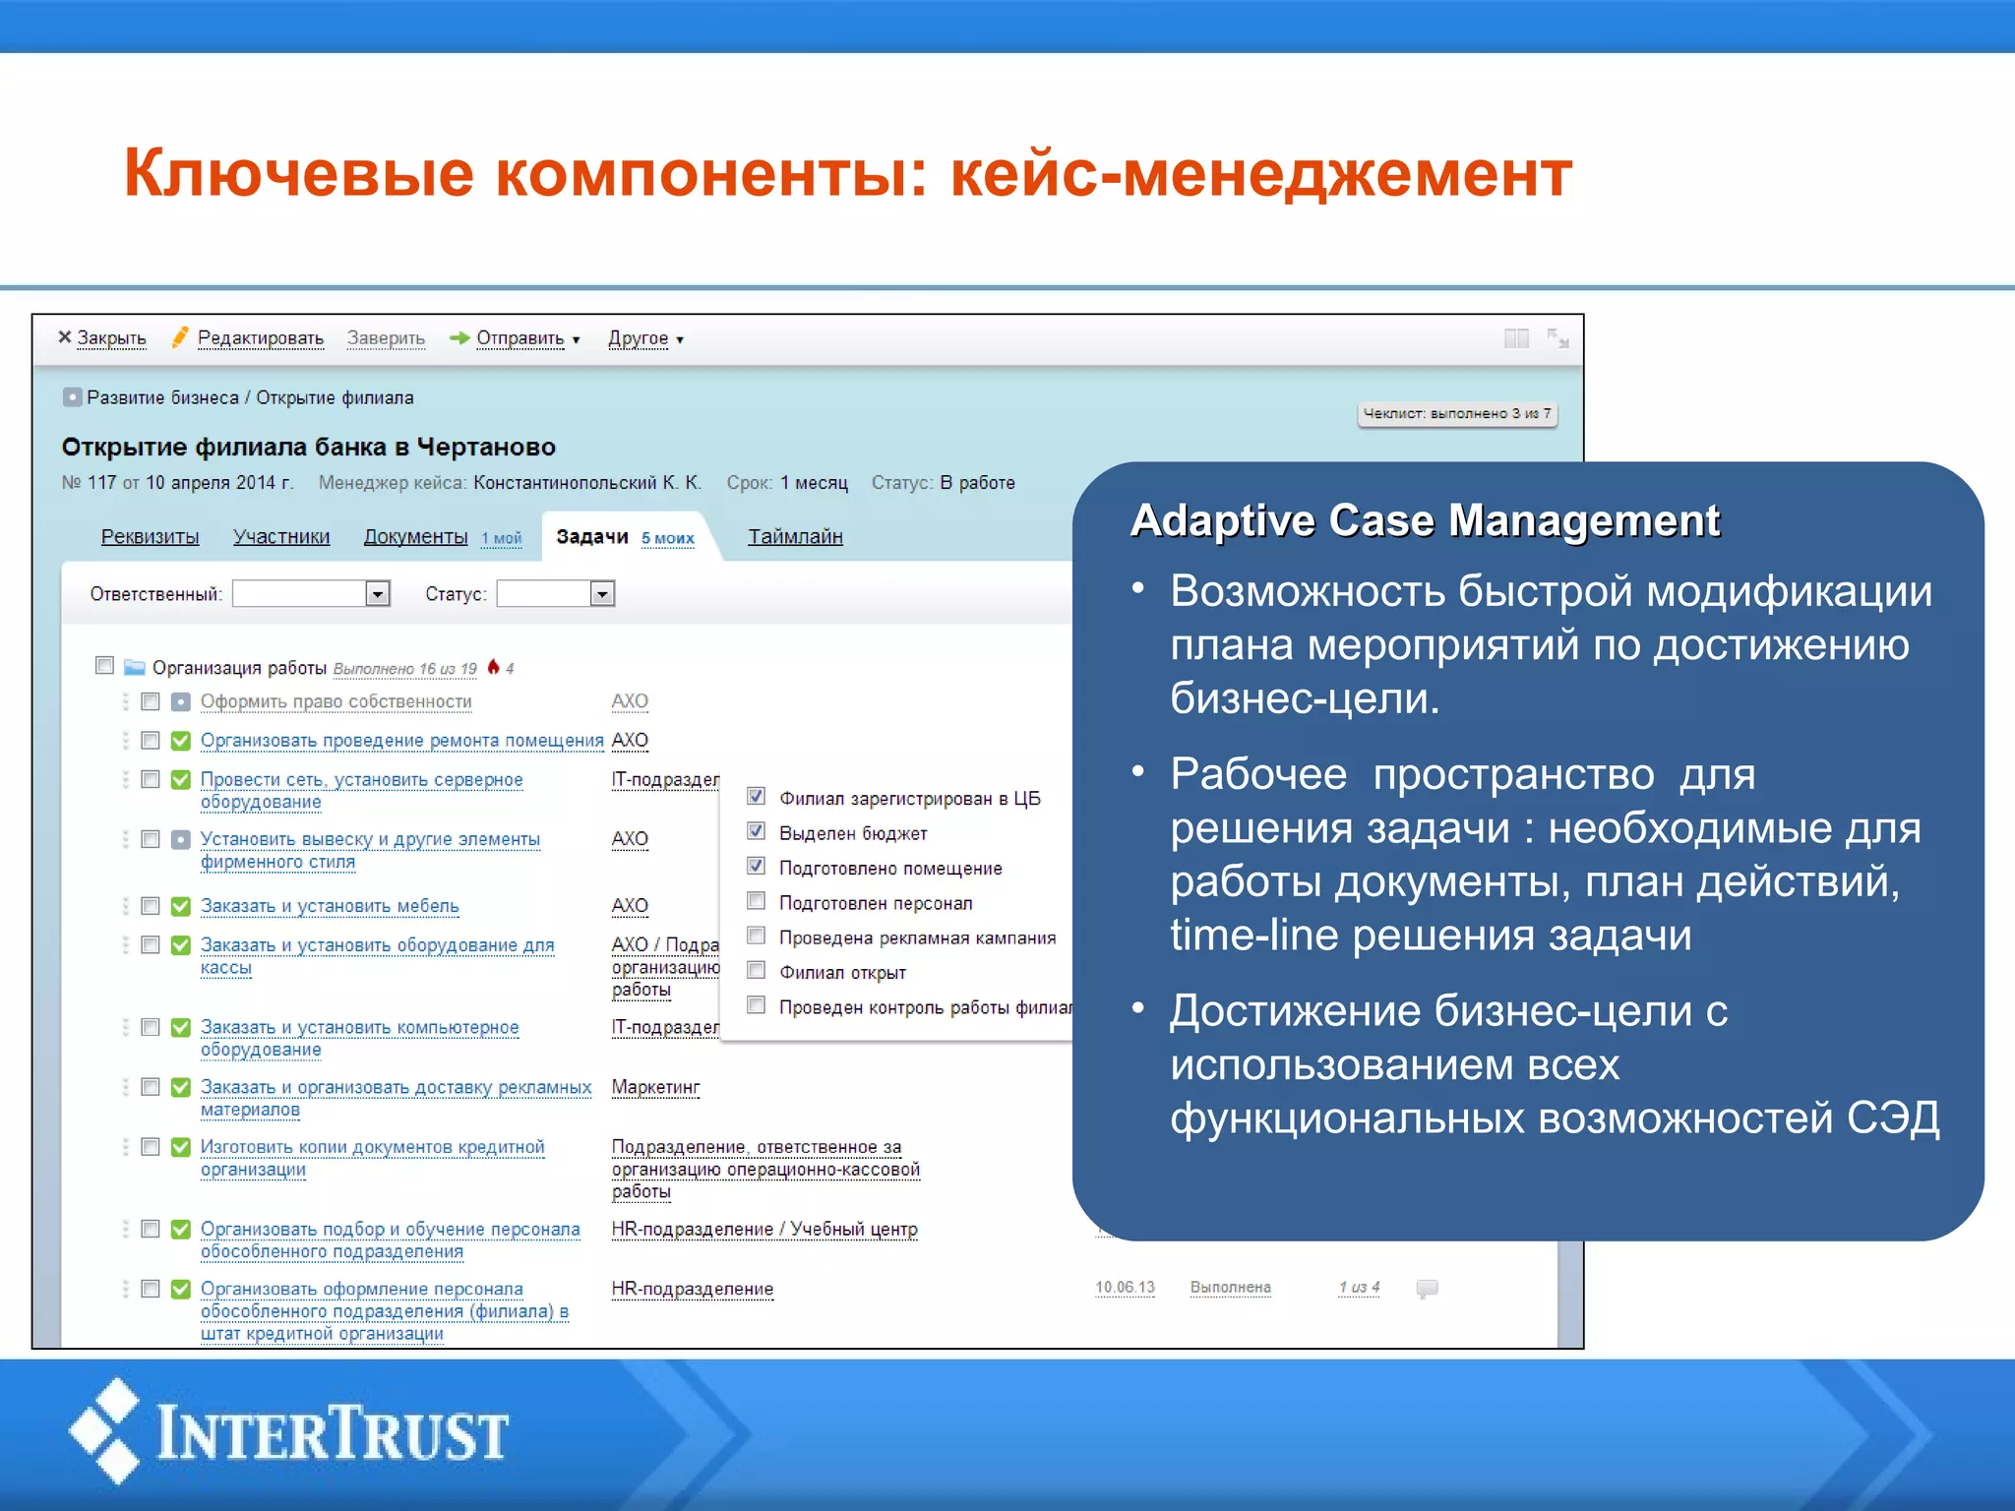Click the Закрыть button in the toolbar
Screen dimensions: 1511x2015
pos(102,338)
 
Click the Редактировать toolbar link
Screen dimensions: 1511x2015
pos(260,338)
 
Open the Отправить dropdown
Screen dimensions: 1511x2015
pos(520,338)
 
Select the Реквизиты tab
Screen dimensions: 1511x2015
pos(150,537)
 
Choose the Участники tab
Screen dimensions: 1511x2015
pos(281,537)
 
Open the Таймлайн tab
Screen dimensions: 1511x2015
pos(795,537)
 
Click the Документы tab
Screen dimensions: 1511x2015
pos(415,537)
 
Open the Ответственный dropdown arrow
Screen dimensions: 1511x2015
pos(378,593)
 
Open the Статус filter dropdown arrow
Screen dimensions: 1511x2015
pos(602,593)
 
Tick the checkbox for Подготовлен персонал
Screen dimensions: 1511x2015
pos(757,901)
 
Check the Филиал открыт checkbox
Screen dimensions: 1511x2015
pos(757,971)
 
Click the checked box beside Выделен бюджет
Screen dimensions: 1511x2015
pos(757,831)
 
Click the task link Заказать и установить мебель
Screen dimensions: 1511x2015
pos(330,906)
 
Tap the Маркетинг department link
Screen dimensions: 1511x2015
pos(655,1087)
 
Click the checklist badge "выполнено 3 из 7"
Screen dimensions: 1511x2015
pos(1456,414)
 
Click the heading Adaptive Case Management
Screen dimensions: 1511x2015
pos(1425,520)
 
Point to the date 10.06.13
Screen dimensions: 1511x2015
pos(1125,1288)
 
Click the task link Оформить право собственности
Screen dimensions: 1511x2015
pos(336,701)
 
